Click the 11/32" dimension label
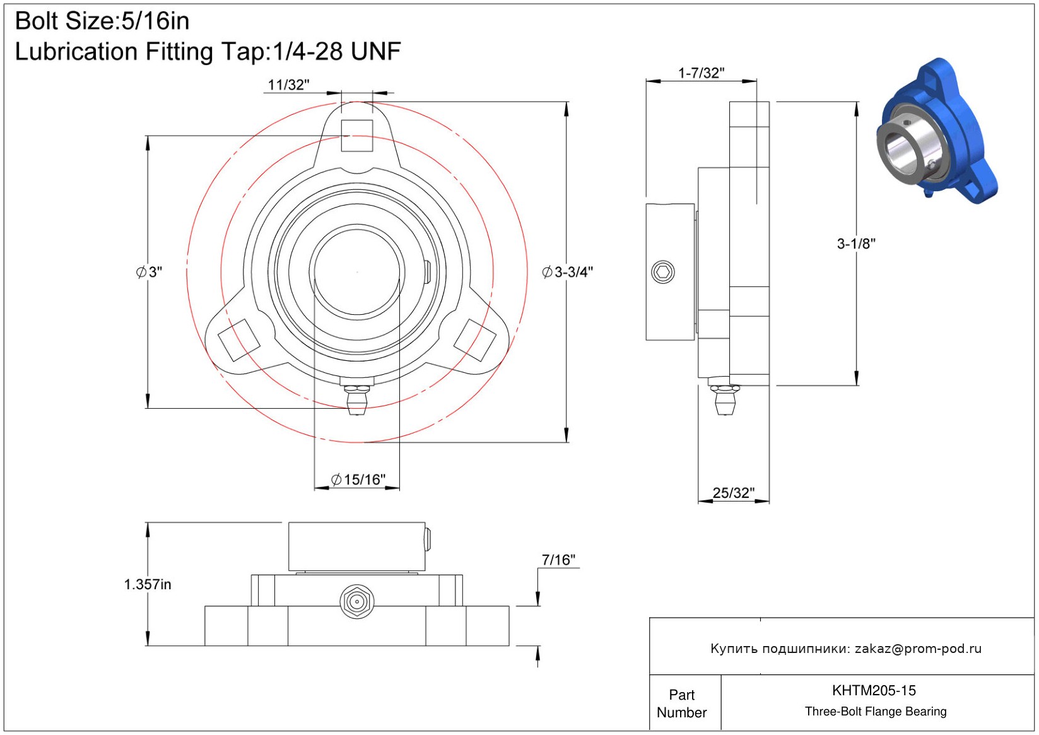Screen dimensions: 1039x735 288,85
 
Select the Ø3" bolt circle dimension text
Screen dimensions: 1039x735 149,272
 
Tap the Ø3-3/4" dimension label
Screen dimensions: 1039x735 567,272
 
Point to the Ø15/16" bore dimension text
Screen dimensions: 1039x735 358,479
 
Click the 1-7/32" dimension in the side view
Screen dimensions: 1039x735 701,73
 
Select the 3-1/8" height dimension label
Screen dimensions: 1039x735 856,244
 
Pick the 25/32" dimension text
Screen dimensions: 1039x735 733,493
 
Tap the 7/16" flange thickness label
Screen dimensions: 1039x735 558,560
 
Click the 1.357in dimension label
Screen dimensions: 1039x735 148,585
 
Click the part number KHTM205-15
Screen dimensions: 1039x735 874,691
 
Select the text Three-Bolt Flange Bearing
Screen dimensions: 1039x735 876,712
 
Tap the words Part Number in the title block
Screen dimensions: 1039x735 681,703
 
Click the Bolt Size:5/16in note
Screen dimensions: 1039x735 102,21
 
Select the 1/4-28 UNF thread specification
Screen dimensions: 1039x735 337,51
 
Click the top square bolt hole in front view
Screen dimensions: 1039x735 356,136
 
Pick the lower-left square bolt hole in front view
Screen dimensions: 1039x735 239,340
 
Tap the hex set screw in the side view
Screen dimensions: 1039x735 663,272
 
